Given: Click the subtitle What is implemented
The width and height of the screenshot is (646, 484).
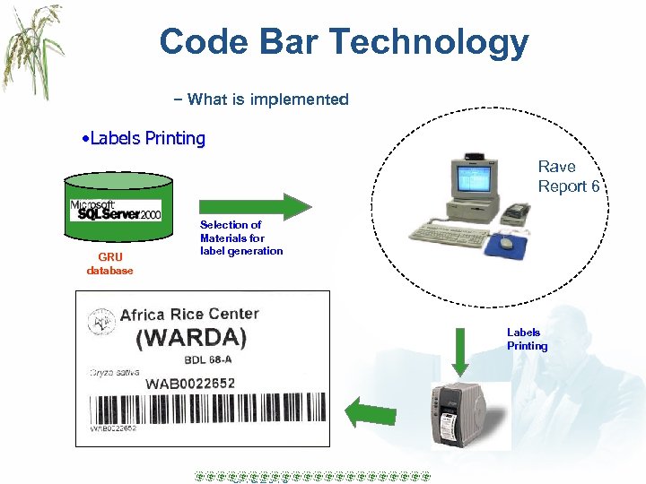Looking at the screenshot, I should click(267, 99).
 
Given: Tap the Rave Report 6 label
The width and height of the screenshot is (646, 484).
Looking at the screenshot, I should click(568, 176).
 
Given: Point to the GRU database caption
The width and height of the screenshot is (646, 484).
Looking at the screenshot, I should click(109, 264).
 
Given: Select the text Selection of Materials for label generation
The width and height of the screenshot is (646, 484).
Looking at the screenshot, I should click(240, 238).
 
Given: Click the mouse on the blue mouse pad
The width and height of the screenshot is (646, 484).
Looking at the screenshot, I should click(508, 242).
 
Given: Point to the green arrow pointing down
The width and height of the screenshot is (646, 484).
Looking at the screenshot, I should click(459, 352).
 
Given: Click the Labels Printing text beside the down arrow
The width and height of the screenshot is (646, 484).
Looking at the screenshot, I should click(527, 339).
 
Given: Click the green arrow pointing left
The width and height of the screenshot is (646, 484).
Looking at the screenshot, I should click(371, 412).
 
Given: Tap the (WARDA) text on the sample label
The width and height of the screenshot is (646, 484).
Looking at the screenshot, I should click(191, 339).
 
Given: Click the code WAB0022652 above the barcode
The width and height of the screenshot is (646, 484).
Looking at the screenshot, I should click(190, 384).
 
